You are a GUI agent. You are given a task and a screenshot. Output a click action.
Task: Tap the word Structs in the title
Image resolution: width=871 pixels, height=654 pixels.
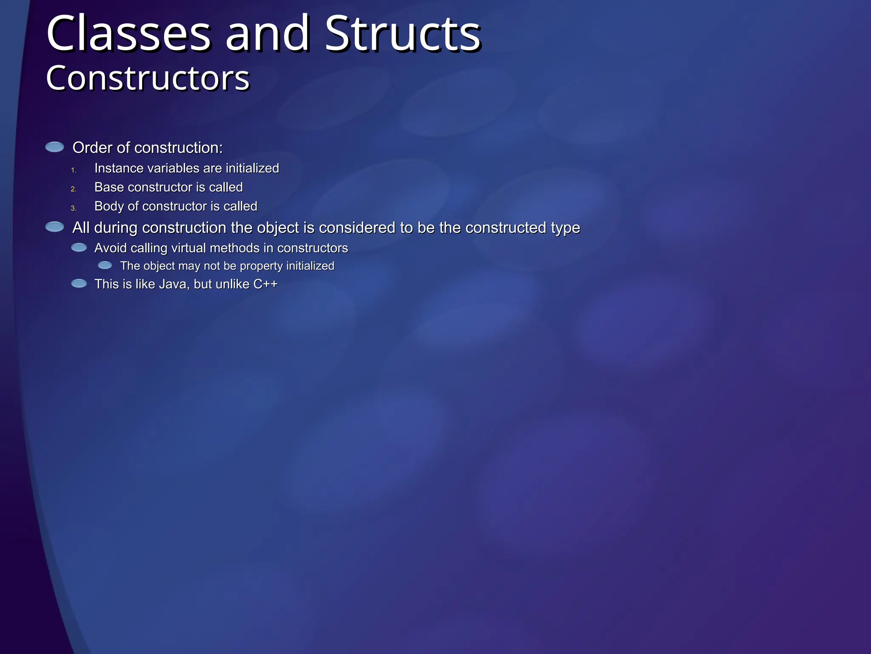pos(403,34)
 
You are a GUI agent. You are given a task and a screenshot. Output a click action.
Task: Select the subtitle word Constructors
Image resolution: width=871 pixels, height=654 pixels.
pos(148,78)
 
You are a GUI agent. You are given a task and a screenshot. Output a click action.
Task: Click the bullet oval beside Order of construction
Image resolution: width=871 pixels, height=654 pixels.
pos(54,147)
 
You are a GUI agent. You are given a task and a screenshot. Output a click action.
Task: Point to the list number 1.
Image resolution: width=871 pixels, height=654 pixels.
pos(74,170)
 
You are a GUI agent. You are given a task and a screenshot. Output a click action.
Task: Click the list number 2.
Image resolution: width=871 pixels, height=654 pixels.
pos(74,189)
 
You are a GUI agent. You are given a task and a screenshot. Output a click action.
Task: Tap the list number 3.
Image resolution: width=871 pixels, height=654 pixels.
pos(74,208)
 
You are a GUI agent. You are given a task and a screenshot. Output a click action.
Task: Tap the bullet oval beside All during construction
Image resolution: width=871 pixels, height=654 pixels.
pos(54,227)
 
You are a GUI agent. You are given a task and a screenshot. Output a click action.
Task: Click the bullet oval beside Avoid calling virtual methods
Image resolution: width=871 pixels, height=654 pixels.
pos(79,247)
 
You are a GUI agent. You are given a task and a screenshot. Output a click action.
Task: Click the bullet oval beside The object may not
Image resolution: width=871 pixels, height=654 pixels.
pos(105,266)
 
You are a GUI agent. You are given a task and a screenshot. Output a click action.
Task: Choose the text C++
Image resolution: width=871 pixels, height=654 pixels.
pos(265,284)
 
